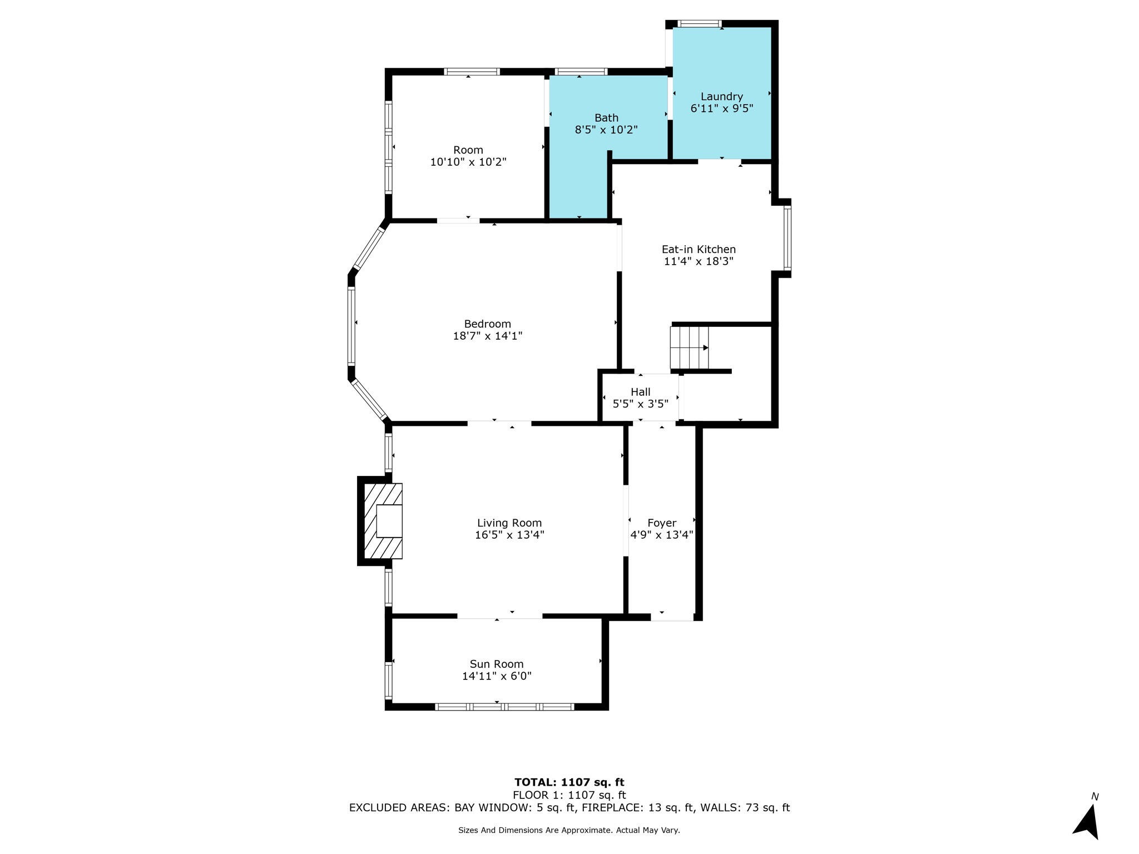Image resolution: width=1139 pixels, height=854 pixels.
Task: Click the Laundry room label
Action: [721, 97]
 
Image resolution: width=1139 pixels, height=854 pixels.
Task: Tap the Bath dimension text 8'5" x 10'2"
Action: [606, 130]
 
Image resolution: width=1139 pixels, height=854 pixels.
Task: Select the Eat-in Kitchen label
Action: [699, 250]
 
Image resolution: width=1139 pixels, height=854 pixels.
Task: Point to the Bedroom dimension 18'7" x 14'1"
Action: [488, 336]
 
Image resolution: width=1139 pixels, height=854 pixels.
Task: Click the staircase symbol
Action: [690, 348]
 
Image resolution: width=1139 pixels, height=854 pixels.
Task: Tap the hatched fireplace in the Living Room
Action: [383, 521]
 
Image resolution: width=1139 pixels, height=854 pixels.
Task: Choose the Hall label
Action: [640, 392]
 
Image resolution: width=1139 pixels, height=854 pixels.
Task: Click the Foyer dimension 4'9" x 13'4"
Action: [661, 535]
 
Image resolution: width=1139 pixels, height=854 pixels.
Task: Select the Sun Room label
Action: [497, 664]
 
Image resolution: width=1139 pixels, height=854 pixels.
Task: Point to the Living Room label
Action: [509, 523]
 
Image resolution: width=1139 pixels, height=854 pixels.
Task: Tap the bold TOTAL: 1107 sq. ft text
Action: [569, 782]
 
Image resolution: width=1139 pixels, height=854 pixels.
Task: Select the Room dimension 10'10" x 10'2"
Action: [468, 162]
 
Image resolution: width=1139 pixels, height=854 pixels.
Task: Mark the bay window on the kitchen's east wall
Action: [787, 238]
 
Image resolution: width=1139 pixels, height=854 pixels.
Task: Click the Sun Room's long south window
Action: [504, 707]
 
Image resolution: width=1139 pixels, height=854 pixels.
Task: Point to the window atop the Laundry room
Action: [700, 24]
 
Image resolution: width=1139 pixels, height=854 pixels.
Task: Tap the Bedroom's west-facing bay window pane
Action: [351, 326]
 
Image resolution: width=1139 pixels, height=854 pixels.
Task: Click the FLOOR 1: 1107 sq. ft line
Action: [569, 795]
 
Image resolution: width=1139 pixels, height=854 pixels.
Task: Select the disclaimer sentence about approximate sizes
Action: [569, 830]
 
